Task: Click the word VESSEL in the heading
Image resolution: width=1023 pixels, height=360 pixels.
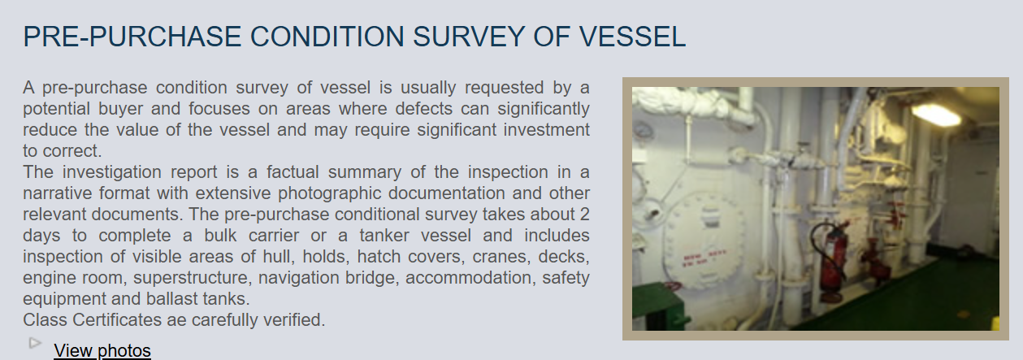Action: click(632, 37)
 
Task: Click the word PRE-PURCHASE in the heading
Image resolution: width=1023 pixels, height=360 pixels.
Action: click(132, 37)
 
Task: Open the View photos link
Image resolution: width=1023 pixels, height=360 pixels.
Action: click(102, 351)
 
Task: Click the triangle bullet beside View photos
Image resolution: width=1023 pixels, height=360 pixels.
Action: click(35, 343)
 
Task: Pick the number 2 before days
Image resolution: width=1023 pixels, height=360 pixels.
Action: click(584, 215)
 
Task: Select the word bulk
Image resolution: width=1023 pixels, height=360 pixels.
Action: click(220, 236)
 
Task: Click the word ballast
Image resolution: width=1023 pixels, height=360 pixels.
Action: click(172, 299)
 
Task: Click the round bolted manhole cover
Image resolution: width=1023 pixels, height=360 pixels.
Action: click(706, 241)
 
